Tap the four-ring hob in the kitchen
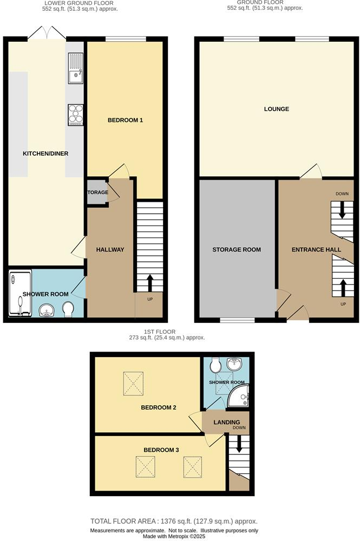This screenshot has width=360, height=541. tap(75, 115)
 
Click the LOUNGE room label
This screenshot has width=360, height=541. tap(276, 109)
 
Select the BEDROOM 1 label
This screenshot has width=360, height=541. tap(125, 120)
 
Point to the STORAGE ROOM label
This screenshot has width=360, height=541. tap(237, 249)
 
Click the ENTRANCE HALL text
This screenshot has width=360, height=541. tap(316, 249)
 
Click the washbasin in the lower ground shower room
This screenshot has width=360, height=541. tap(47, 311)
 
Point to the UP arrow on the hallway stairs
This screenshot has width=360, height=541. tap(149, 283)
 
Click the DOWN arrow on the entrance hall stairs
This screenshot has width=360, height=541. tap(342, 210)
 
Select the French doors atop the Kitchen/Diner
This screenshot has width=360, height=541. tap(47, 34)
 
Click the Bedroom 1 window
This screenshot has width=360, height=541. tap(125, 39)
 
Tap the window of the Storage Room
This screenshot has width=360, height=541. tap(237, 320)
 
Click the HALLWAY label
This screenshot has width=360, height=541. tap(110, 249)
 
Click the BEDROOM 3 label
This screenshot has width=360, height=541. tap(161, 450)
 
